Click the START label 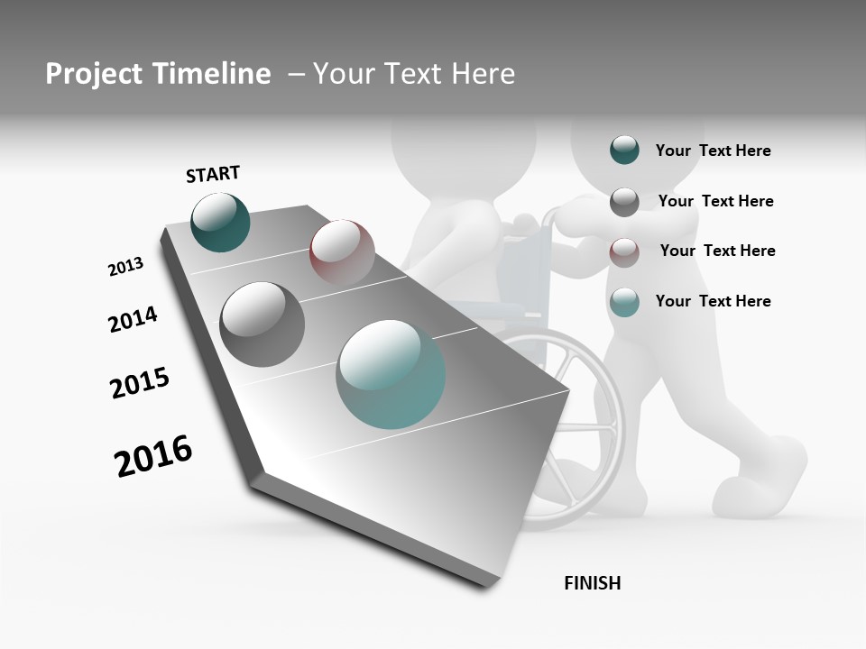click(x=213, y=174)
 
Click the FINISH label click(x=593, y=583)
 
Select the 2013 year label click(x=125, y=267)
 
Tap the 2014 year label click(x=133, y=320)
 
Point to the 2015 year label click(x=140, y=383)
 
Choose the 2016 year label click(x=153, y=456)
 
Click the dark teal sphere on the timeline click(x=220, y=223)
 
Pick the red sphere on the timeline click(x=342, y=251)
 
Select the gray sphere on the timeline click(x=262, y=324)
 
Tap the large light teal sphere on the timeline click(x=391, y=374)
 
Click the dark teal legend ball click(x=624, y=151)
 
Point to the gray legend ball click(x=624, y=202)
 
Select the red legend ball click(x=624, y=251)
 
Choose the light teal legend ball click(x=624, y=302)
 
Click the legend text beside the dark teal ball click(x=713, y=151)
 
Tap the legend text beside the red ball click(x=717, y=251)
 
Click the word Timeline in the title click(x=219, y=74)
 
